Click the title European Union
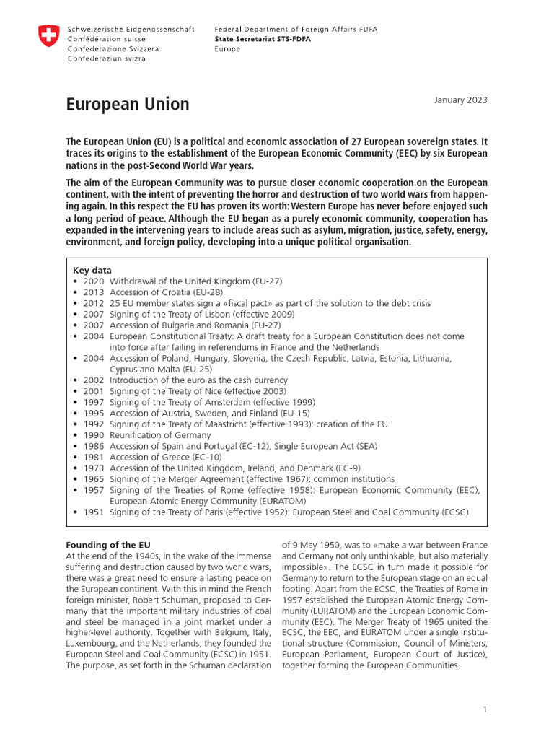pyautogui.click(x=128, y=105)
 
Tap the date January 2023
pyautogui.click(x=460, y=100)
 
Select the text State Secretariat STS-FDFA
pyautogui.click(x=263, y=39)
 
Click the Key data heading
pyautogui.click(x=92, y=270)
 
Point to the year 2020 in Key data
pyautogui.click(x=94, y=281)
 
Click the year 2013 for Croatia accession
pyautogui.click(x=94, y=292)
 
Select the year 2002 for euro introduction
pyautogui.click(x=94, y=380)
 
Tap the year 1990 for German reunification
pyautogui.click(x=94, y=435)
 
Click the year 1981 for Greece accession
pyautogui.click(x=94, y=457)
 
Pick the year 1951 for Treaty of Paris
pyautogui.click(x=94, y=512)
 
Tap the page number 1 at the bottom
pyautogui.click(x=485, y=710)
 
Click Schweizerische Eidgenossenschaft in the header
pyautogui.click(x=131, y=30)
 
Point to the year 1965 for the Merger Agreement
pyautogui.click(x=94, y=479)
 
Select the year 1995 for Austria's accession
pyautogui.click(x=94, y=413)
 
